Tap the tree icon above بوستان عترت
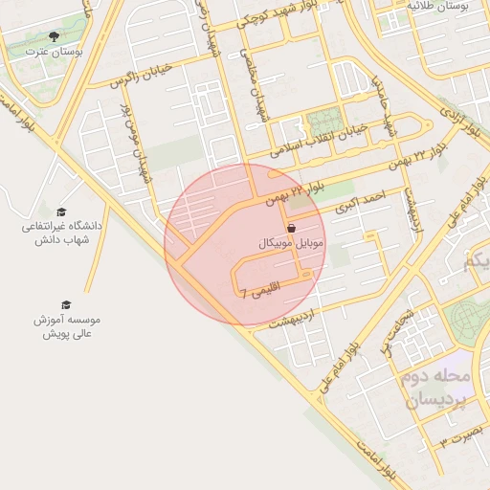click(x=53, y=35)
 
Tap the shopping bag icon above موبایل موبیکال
click(x=292, y=228)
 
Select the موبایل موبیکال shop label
click(x=292, y=243)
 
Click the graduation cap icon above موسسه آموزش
click(x=66, y=304)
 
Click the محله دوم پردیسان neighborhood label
click(x=435, y=389)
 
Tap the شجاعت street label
click(x=397, y=329)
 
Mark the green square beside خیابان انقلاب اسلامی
click(x=324, y=122)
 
